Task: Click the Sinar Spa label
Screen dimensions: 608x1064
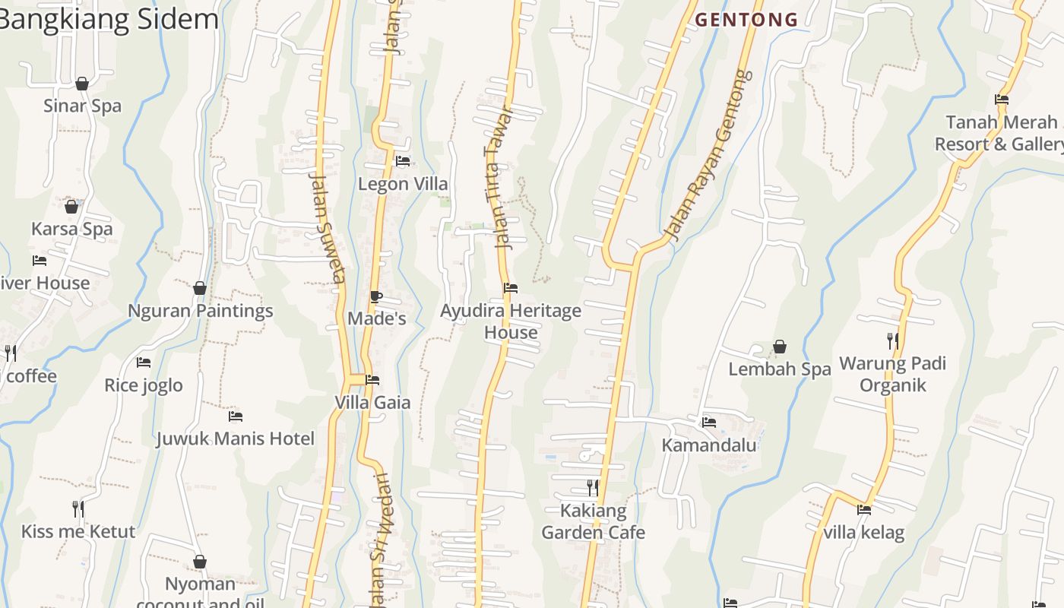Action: pyautogui.click(x=82, y=106)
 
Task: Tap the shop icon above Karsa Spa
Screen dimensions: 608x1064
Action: pyautogui.click(x=71, y=206)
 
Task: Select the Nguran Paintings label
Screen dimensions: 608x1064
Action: pyautogui.click(x=200, y=311)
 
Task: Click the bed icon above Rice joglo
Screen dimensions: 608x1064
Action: pyautogui.click(x=144, y=363)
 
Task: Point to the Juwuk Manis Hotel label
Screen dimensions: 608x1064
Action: pyautogui.click(x=236, y=439)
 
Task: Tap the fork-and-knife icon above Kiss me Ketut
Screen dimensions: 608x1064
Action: pyautogui.click(x=78, y=508)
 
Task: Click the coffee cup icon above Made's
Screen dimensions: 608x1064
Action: pyautogui.click(x=375, y=296)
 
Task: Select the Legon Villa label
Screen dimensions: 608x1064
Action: pyautogui.click(x=403, y=184)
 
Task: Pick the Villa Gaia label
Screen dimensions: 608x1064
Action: pyautogui.click(x=372, y=402)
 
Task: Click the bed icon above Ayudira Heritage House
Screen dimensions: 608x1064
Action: pyautogui.click(x=511, y=288)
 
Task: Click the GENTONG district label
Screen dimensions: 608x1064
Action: pyautogui.click(x=746, y=20)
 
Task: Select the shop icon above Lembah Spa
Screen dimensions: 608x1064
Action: pyautogui.click(x=780, y=347)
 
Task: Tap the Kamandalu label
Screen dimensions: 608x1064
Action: pyautogui.click(x=709, y=445)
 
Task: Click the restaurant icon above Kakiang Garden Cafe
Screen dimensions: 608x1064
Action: pyautogui.click(x=593, y=487)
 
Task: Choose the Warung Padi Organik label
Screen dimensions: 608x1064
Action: pyautogui.click(x=892, y=374)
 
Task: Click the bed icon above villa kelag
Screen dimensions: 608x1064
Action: pyautogui.click(x=864, y=510)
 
